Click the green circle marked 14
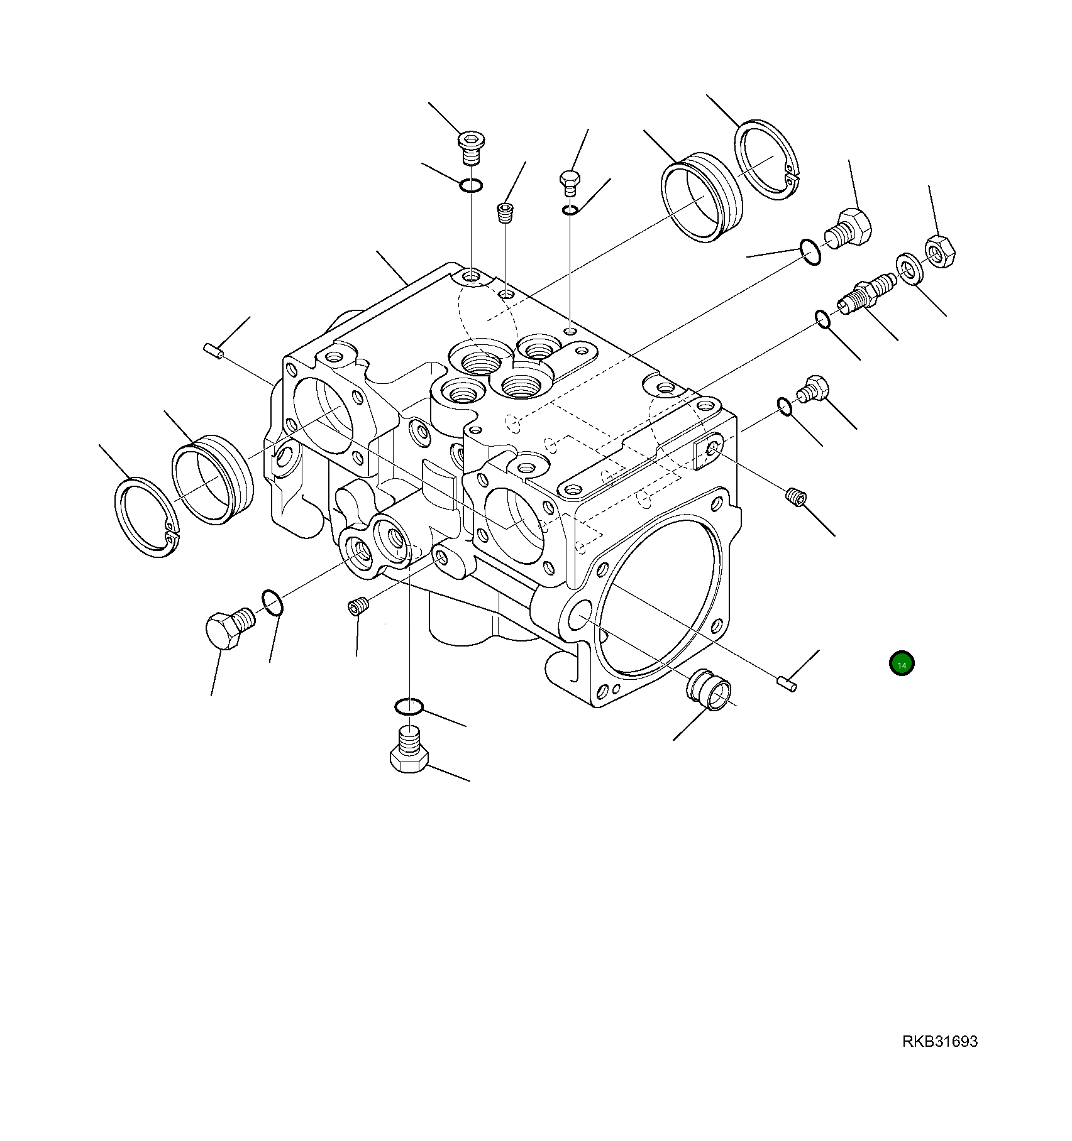(902, 664)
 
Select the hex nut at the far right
(939, 253)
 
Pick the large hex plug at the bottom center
(409, 754)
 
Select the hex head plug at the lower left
(228, 630)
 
